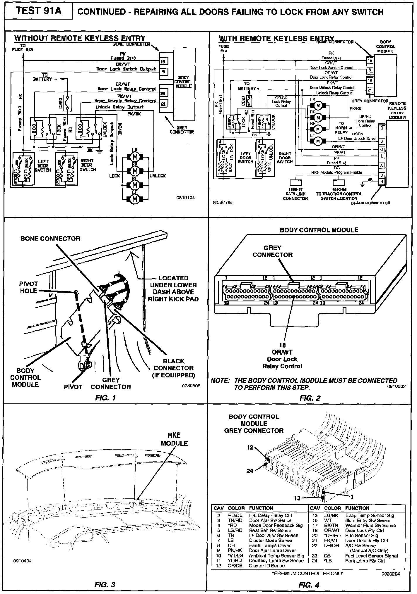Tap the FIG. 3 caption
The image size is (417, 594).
click(x=105, y=584)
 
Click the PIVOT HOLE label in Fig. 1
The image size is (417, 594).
click(x=28, y=287)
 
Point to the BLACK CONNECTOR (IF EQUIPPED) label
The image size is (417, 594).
click(x=174, y=368)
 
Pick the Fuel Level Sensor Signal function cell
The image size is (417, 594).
click(x=371, y=556)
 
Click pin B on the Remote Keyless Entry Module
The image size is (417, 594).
click(x=382, y=128)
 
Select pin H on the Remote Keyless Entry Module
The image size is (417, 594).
click(x=382, y=182)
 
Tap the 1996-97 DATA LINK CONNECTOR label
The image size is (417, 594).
click(x=295, y=194)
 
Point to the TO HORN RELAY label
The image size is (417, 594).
click(x=341, y=128)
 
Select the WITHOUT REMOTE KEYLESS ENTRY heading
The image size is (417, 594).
click(x=80, y=38)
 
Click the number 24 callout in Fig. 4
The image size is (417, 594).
click(x=249, y=471)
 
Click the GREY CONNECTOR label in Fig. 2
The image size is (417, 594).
click(x=272, y=251)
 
